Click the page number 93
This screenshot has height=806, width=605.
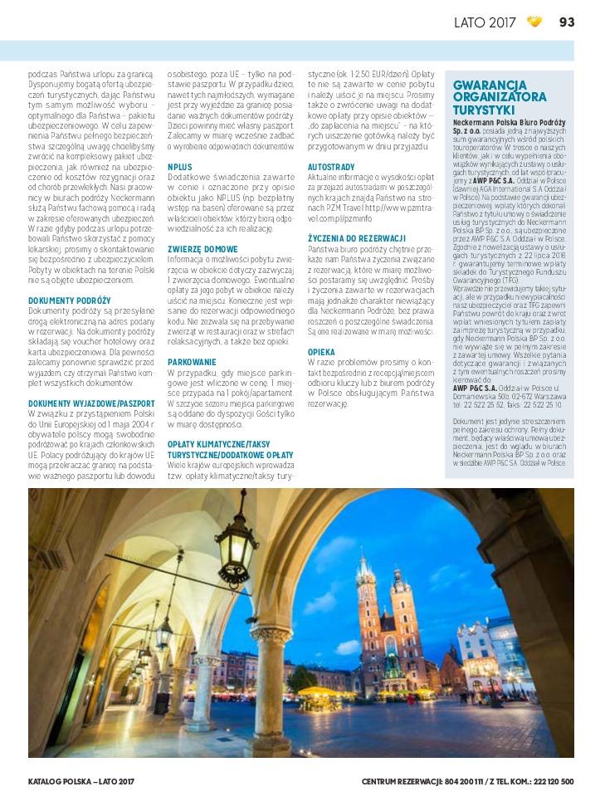pos(567,22)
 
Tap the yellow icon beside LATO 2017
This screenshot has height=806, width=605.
pos(535,22)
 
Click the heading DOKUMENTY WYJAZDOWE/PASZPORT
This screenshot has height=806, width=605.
pos(91,403)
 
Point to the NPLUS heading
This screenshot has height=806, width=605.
pos(180,167)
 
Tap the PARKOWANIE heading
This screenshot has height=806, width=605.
pos(192,362)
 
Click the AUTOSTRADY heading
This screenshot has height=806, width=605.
pos(331,167)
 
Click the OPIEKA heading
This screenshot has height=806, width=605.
pos(321,352)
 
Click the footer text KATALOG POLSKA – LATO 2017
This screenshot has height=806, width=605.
pos(81,781)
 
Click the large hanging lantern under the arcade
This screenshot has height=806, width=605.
pos(237,548)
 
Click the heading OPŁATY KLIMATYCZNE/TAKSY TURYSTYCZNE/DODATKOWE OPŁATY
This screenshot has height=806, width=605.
pos(231,450)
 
